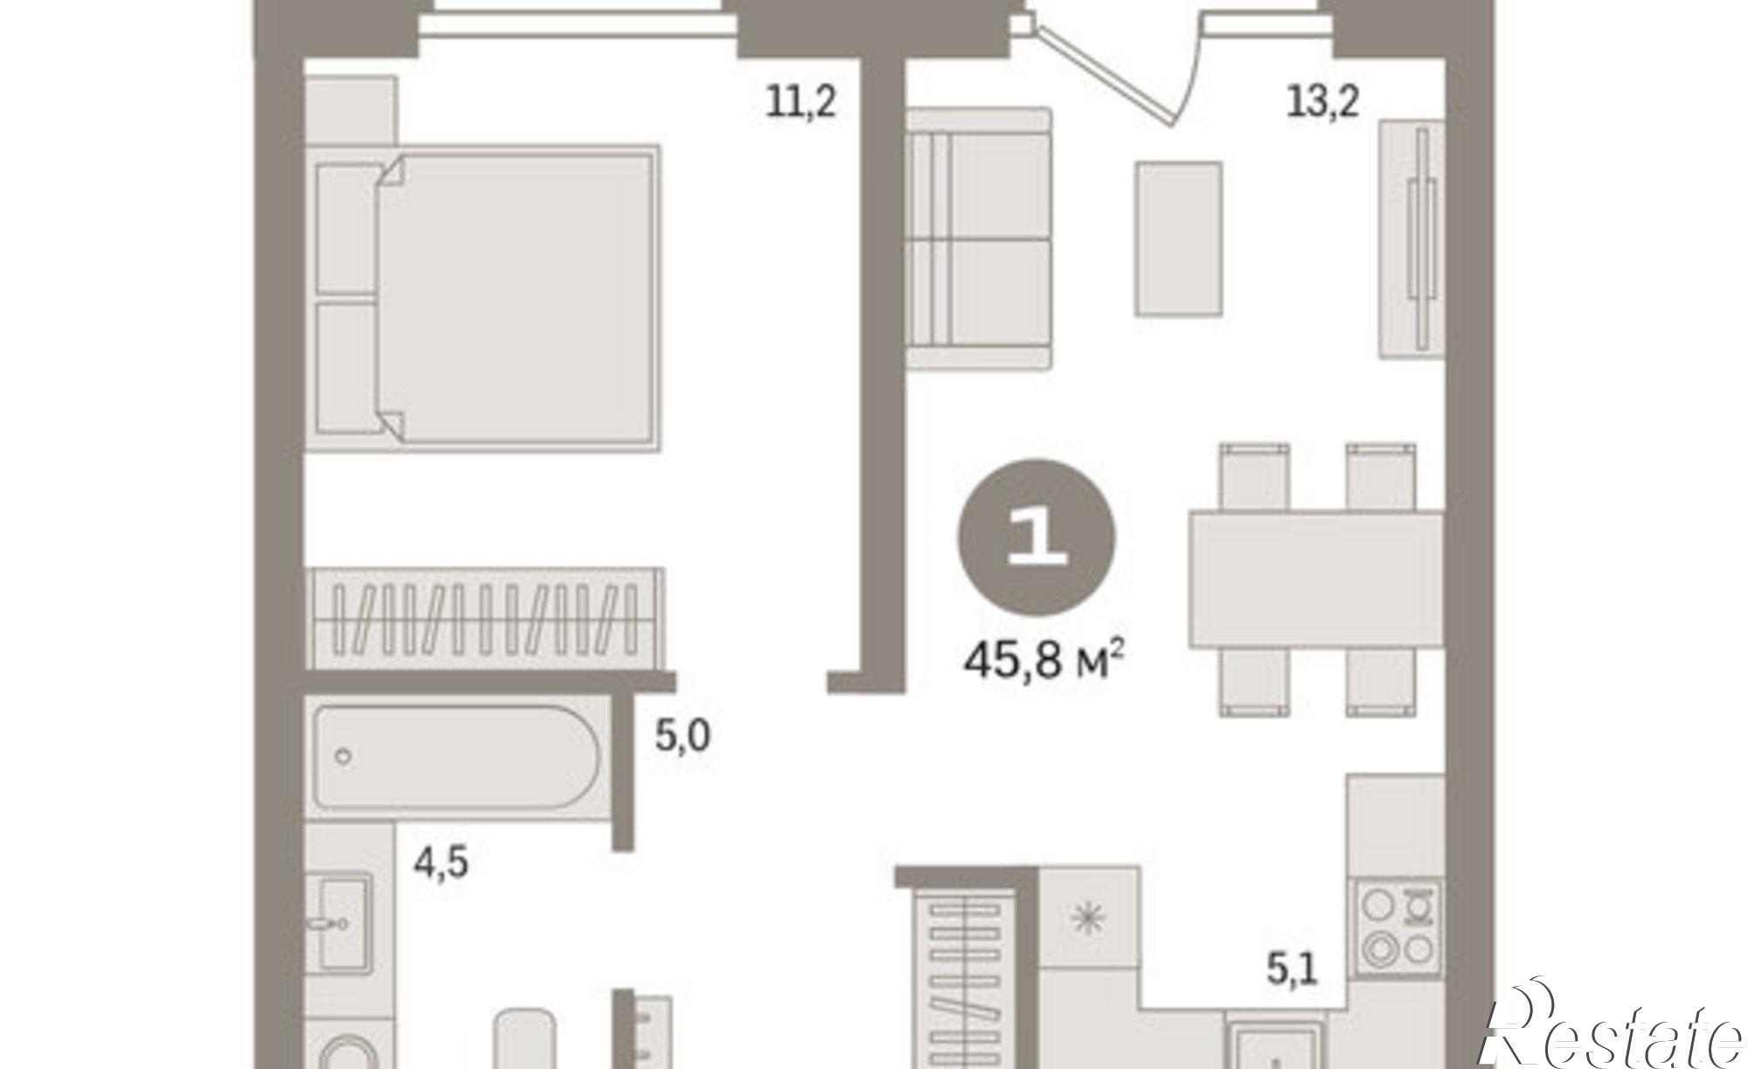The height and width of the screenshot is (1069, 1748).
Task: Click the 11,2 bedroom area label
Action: [801, 103]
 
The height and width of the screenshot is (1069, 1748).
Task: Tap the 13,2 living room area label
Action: [1322, 103]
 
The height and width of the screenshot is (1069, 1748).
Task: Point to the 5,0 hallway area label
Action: [683, 737]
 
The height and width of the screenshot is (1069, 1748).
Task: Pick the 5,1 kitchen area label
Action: [1292, 970]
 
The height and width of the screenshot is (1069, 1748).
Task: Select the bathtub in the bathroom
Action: [456, 758]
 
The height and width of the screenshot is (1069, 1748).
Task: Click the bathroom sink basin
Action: [343, 920]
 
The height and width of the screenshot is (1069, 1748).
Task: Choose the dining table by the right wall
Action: [1316, 580]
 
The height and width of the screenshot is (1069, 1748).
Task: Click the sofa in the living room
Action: [977, 239]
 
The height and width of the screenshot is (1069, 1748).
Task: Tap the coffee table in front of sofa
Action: [1178, 239]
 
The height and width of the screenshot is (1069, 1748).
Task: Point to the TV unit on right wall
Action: [1412, 239]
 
